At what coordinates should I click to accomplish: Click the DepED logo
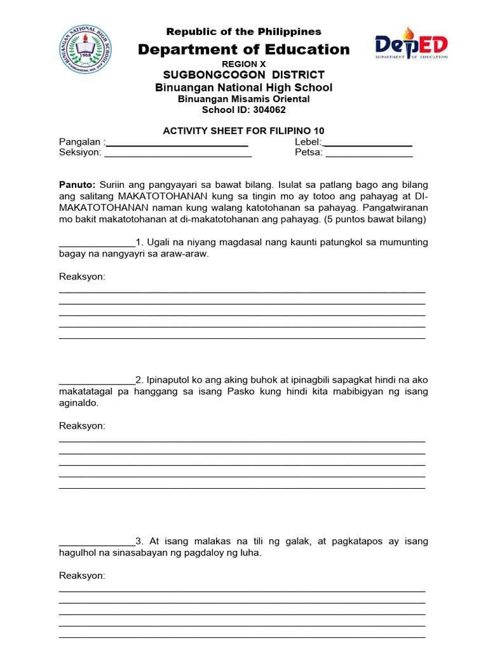(410, 47)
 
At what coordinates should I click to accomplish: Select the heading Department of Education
(244, 50)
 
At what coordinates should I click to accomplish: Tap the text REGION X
(243, 65)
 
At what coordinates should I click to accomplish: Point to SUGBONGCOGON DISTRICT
(244, 75)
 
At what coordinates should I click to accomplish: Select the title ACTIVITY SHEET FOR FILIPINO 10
(243, 131)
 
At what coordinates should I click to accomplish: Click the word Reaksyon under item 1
(82, 277)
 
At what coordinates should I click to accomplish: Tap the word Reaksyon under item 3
(82, 576)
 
